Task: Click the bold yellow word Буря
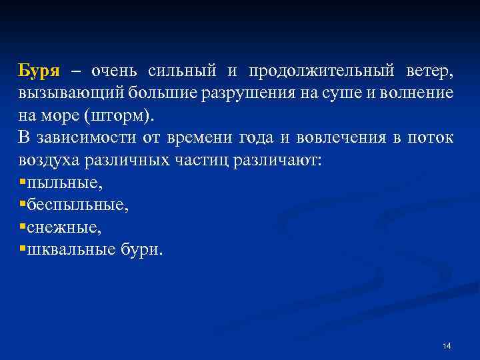pyautogui.click(x=39, y=71)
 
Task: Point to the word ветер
pyautogui.click(x=429, y=71)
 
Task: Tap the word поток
pyautogui.click(x=433, y=138)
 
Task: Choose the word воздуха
pyautogui.click(x=47, y=161)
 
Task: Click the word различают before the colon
pyautogui.click(x=279, y=161)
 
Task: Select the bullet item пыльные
pyautogui.click(x=64, y=183)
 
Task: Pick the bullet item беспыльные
pyautogui.click(x=77, y=205)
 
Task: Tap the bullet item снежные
pyautogui.click(x=64, y=228)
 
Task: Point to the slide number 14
pyautogui.click(x=447, y=345)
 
